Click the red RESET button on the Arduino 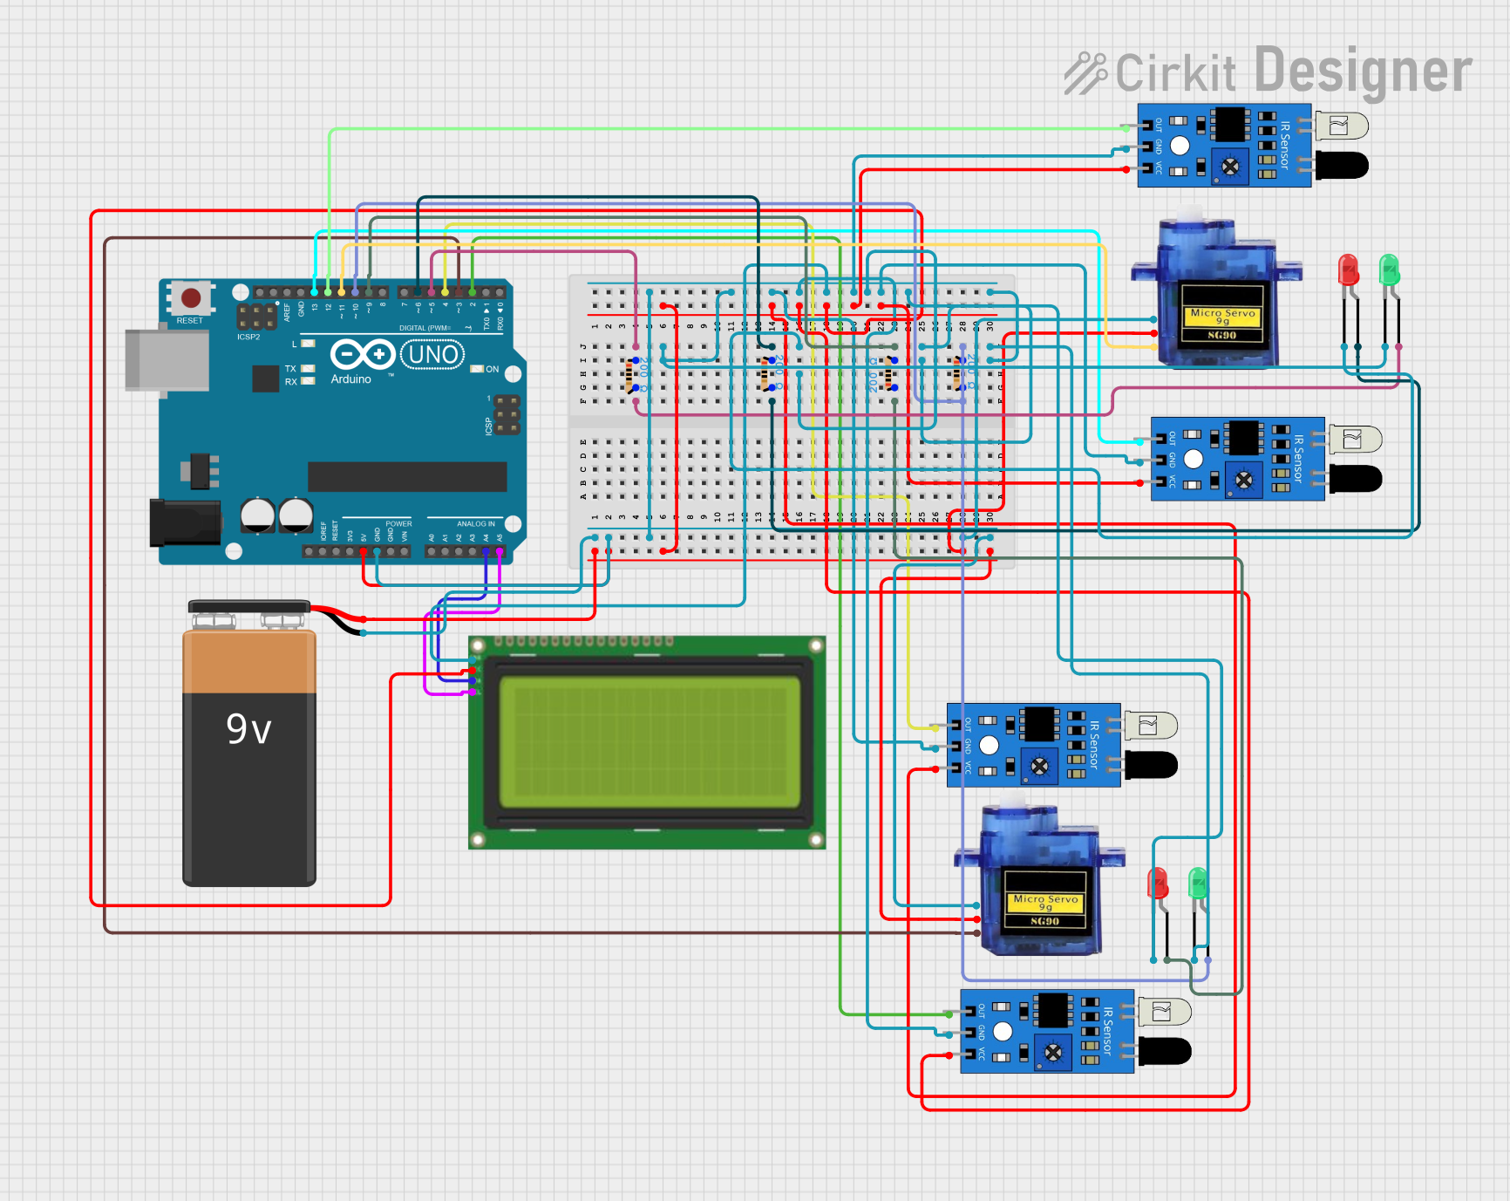(x=191, y=298)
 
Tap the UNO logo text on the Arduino (x=432, y=355)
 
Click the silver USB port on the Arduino (x=167, y=360)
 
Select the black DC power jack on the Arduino (x=184, y=522)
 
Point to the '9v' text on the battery (x=248, y=729)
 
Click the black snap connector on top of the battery (x=249, y=607)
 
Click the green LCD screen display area (x=649, y=742)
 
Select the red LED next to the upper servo (x=1348, y=270)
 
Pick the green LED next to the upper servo (x=1389, y=270)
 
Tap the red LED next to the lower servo (x=1158, y=884)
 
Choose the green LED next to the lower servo (x=1198, y=884)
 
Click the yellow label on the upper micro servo (x=1222, y=317)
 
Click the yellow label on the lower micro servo (x=1045, y=904)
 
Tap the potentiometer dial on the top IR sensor (x=1230, y=167)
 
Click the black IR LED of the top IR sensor (x=1343, y=165)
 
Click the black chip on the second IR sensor (x=1243, y=438)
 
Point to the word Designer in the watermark (x=1363, y=72)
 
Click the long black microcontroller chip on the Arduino (x=407, y=477)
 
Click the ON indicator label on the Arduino (x=492, y=369)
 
